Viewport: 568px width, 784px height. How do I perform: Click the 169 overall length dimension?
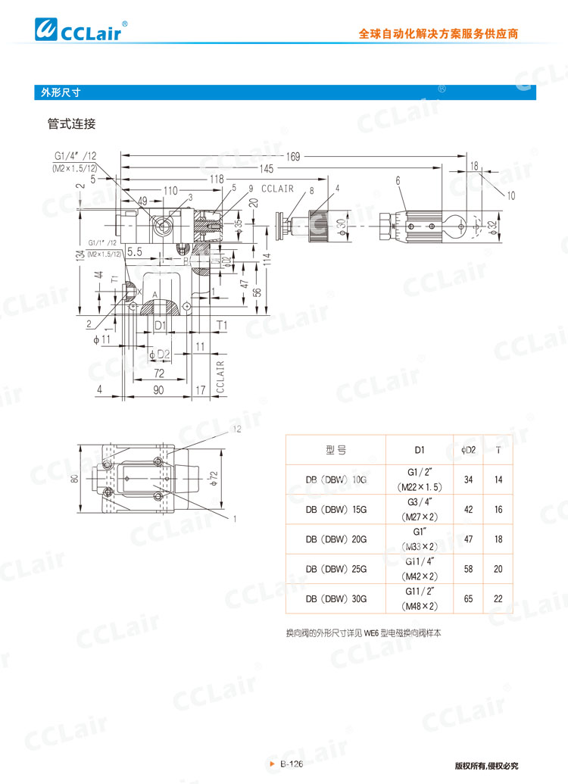click(292, 157)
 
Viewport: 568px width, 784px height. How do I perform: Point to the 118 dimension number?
click(217, 179)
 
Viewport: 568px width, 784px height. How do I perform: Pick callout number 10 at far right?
click(512, 195)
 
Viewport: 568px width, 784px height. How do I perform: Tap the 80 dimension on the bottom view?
click(75, 479)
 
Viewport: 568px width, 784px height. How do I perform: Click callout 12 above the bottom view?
click(236, 429)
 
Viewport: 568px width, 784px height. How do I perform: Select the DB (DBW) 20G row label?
click(335, 539)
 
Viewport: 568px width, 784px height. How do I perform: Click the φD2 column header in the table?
click(469, 450)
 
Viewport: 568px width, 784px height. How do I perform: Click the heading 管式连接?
click(71, 123)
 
